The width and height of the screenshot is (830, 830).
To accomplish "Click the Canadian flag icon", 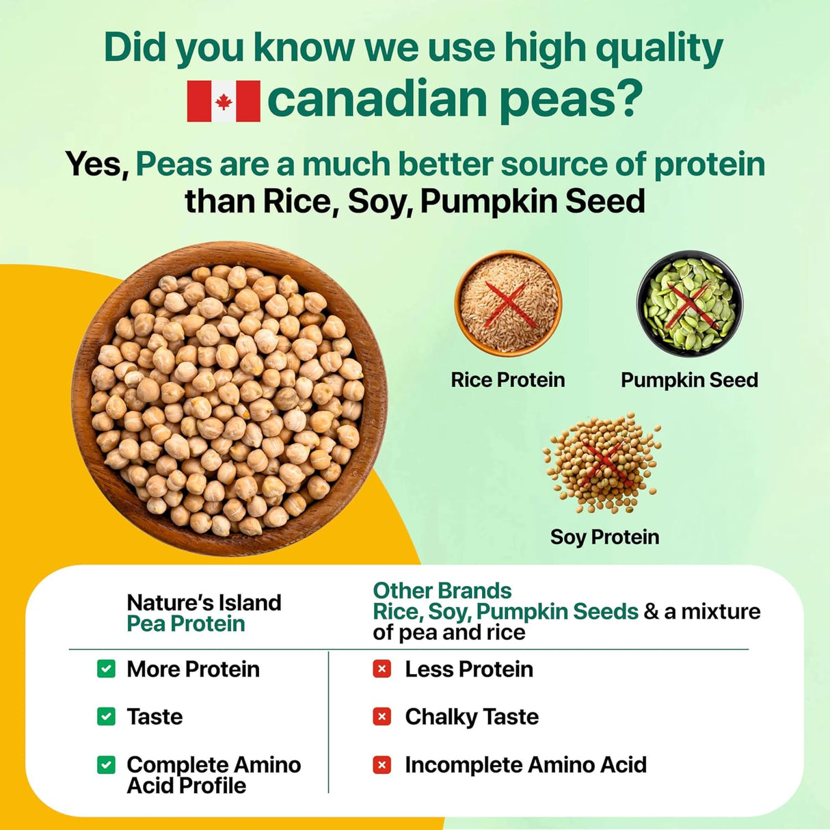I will pyautogui.click(x=224, y=101).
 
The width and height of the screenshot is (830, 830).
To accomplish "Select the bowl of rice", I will pyautogui.click(x=508, y=303).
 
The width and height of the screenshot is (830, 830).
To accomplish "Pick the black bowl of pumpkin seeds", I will pyautogui.click(x=689, y=303).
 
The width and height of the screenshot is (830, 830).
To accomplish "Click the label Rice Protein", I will pyautogui.click(x=507, y=380).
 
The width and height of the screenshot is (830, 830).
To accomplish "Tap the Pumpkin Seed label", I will pyautogui.click(x=689, y=380).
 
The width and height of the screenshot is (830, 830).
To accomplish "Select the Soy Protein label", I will pyautogui.click(x=604, y=537).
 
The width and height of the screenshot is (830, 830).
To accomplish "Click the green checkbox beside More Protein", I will pyautogui.click(x=106, y=669).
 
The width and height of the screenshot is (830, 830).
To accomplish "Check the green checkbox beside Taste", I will pyautogui.click(x=106, y=717).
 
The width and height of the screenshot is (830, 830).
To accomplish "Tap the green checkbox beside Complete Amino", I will pyautogui.click(x=106, y=764).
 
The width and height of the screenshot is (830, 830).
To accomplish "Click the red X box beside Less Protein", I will pyautogui.click(x=382, y=669).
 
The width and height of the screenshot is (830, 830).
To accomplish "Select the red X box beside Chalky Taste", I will pyautogui.click(x=382, y=717).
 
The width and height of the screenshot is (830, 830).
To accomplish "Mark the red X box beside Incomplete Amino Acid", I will pyautogui.click(x=382, y=764).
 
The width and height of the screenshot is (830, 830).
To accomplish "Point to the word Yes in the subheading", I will pyautogui.click(x=96, y=165).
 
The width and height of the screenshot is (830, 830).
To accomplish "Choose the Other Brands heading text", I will pyautogui.click(x=442, y=590).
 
